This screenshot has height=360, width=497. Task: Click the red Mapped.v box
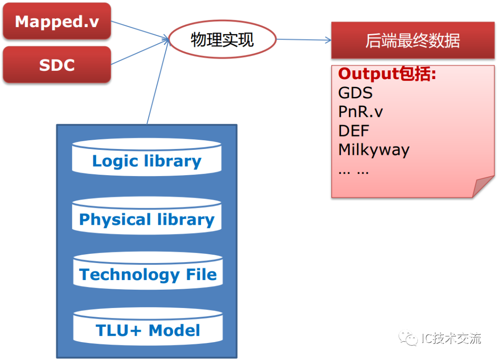tap(57, 21)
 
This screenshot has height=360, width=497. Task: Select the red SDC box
tap(57, 65)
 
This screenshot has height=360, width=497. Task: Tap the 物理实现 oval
tap(223, 40)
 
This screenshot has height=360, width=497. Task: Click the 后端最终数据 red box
tap(412, 40)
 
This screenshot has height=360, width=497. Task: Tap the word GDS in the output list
tap(355, 93)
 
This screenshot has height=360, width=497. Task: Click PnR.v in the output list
tap(361, 112)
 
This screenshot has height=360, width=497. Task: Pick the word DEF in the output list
tap(354, 131)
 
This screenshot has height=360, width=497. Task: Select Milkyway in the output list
tap(374, 150)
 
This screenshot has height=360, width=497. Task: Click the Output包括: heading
tap(387, 74)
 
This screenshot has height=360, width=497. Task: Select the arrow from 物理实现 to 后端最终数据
tap(304, 40)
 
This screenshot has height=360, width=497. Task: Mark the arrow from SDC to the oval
tap(138, 52)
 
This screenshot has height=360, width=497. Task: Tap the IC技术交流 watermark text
tap(451, 339)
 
